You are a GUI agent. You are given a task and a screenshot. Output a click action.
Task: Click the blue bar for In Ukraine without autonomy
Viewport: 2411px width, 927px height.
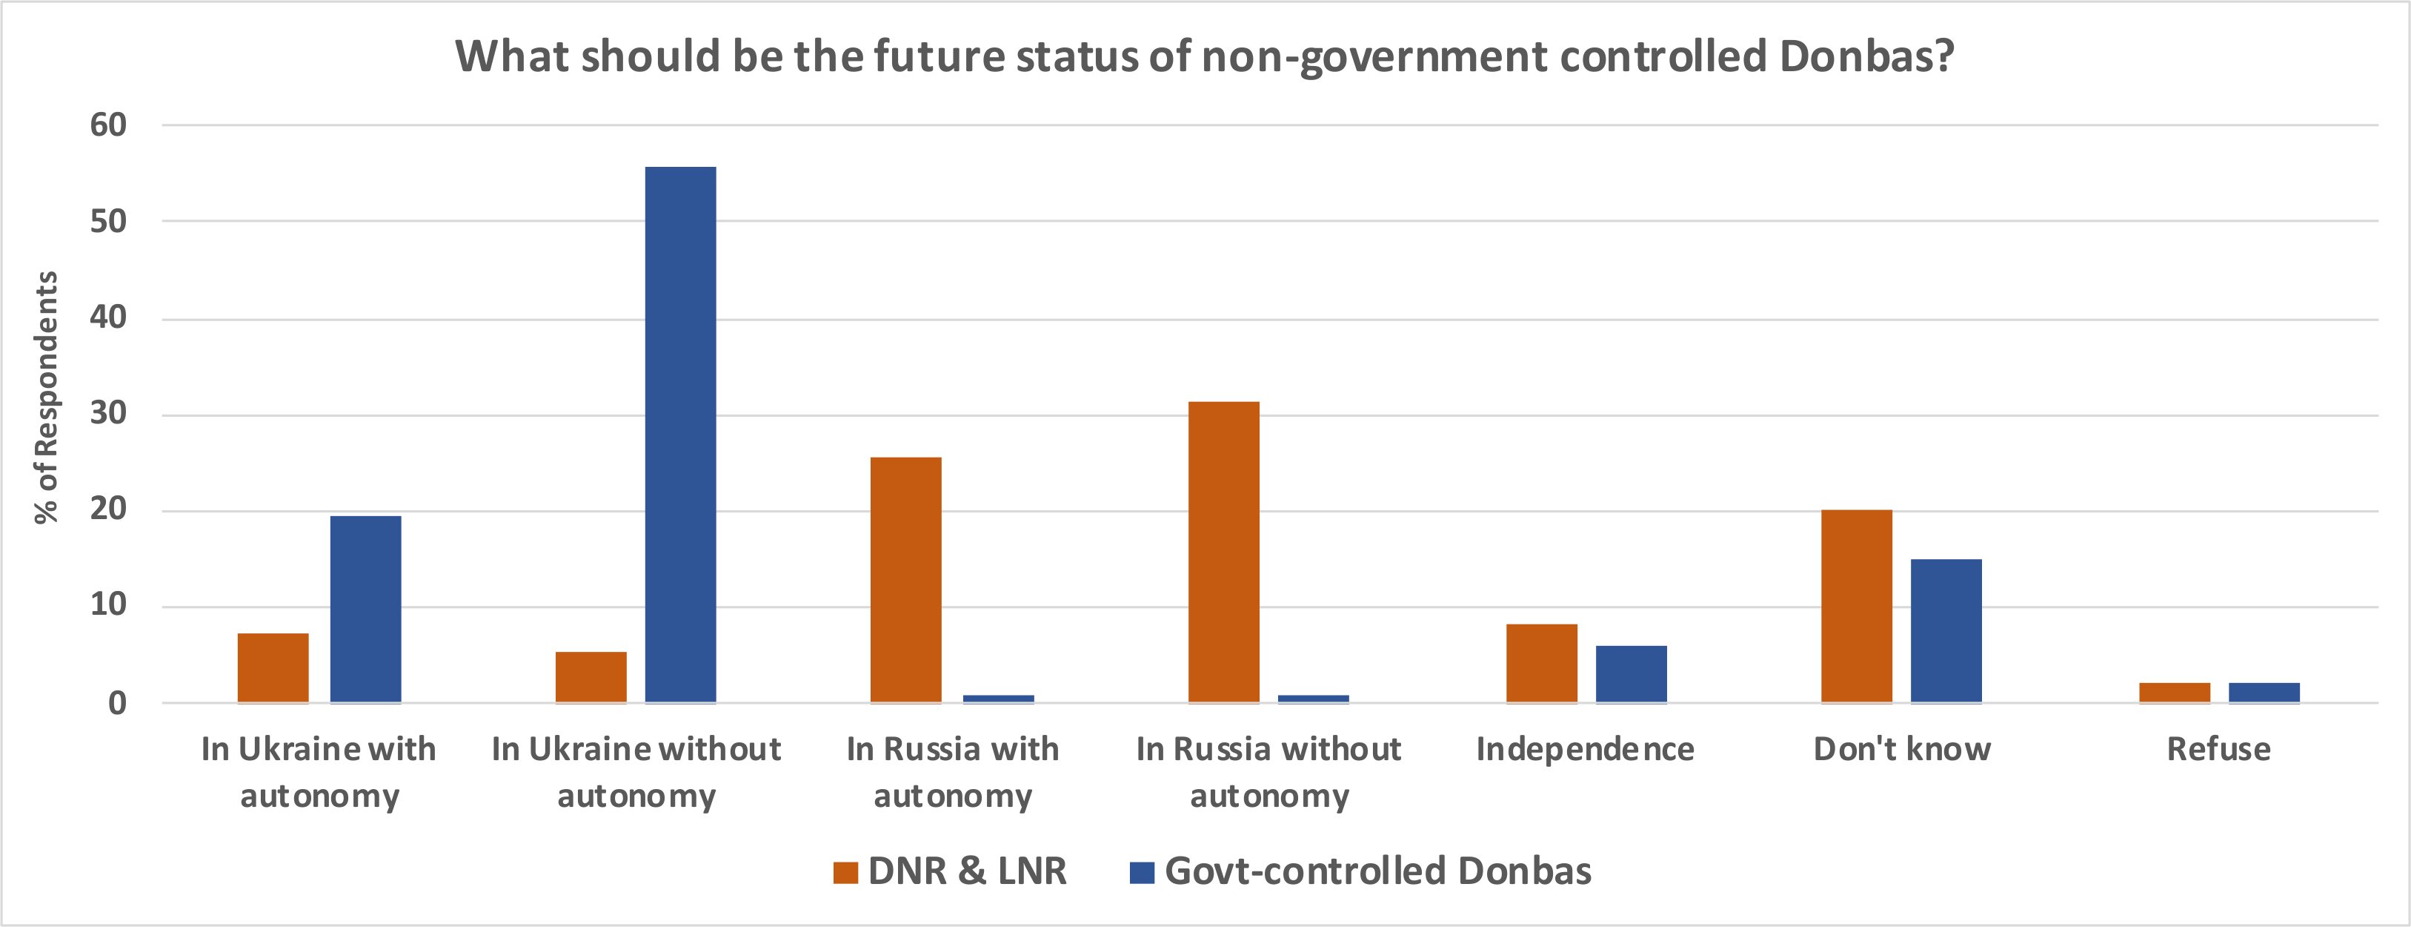pos(680,435)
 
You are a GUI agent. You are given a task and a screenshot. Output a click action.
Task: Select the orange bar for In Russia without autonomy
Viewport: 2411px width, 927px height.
pos(1223,552)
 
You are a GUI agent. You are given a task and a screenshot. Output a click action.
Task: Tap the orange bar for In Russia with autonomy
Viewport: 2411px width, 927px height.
pos(905,580)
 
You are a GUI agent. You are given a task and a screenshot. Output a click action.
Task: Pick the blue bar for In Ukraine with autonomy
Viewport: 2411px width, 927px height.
pos(365,609)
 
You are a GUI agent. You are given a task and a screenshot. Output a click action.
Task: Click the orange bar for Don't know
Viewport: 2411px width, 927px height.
pos(1856,606)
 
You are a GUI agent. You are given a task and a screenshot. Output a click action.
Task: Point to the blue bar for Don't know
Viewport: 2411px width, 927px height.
pos(1946,630)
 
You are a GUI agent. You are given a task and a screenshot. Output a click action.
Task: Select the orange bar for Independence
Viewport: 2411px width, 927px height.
pos(1540,663)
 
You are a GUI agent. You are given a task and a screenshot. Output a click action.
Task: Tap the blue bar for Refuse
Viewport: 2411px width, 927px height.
pos(2263,692)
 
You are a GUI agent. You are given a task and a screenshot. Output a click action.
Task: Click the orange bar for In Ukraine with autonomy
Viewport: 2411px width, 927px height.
pos(273,667)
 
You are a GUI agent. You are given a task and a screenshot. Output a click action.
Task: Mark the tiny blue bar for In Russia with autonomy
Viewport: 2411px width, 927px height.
pos(998,699)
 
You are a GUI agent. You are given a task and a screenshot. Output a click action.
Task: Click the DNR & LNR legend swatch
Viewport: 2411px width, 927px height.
pos(845,873)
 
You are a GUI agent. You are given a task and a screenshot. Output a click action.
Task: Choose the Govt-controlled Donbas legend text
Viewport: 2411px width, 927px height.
pos(1377,871)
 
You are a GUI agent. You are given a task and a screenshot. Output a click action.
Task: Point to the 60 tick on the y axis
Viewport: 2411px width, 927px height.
pos(109,125)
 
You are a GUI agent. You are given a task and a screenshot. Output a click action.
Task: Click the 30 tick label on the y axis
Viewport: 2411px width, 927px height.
pos(109,413)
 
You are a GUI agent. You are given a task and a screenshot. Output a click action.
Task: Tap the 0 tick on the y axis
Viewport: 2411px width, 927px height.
pos(117,702)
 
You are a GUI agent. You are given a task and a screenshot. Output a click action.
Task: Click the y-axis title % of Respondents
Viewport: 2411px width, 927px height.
pos(46,397)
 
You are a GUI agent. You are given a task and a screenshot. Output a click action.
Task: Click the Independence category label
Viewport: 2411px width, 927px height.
pos(1585,749)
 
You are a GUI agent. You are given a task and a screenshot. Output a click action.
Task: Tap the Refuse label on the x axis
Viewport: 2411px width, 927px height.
pos(2218,749)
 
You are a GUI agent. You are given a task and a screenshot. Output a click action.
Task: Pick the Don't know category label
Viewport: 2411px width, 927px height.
pos(1901,749)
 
